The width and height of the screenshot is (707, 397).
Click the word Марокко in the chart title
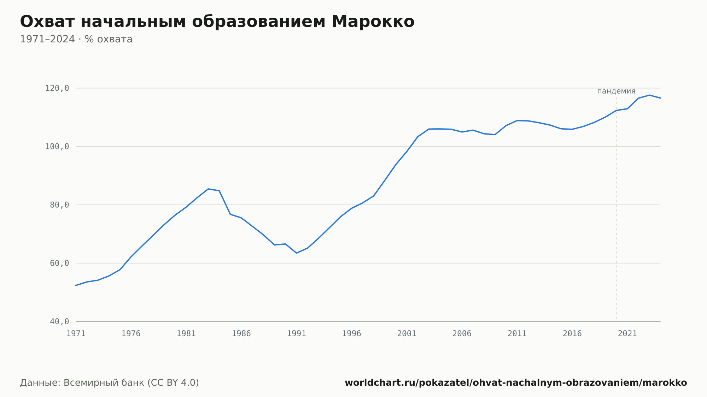pyautogui.click(x=373, y=22)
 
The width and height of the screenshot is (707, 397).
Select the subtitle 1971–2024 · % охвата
pyautogui.click(x=76, y=39)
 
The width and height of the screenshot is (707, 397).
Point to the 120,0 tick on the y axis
pyautogui.click(x=57, y=88)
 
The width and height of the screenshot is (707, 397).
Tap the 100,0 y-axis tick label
pyautogui.click(x=57, y=147)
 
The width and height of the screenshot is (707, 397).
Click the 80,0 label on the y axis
pyautogui.click(x=59, y=205)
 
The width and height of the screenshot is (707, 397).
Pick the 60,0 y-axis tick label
pyautogui.click(x=59, y=263)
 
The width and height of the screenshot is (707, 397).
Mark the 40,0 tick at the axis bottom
pyautogui.click(x=59, y=321)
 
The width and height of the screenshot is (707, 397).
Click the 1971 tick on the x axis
pyautogui.click(x=76, y=334)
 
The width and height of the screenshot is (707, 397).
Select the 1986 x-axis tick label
pyautogui.click(x=241, y=334)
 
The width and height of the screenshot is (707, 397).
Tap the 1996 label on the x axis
pyautogui.click(x=352, y=334)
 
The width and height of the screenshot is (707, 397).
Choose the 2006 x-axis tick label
pyautogui.click(x=462, y=334)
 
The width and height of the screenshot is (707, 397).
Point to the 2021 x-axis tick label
pyautogui.click(x=627, y=334)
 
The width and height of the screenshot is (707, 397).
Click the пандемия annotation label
pyautogui.click(x=616, y=91)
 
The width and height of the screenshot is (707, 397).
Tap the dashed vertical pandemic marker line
pyautogui.click(x=617, y=208)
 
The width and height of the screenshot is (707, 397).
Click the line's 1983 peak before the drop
pyautogui.click(x=208, y=189)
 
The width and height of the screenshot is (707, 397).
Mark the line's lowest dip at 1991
pyautogui.click(x=296, y=253)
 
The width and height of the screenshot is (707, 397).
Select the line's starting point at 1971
pyautogui.click(x=76, y=285)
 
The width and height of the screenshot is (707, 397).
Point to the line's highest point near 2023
pyautogui.click(x=649, y=95)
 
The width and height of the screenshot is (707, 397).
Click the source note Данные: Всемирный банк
pyautogui.click(x=109, y=383)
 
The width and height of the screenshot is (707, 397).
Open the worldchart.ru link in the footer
pyautogui.click(x=516, y=383)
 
